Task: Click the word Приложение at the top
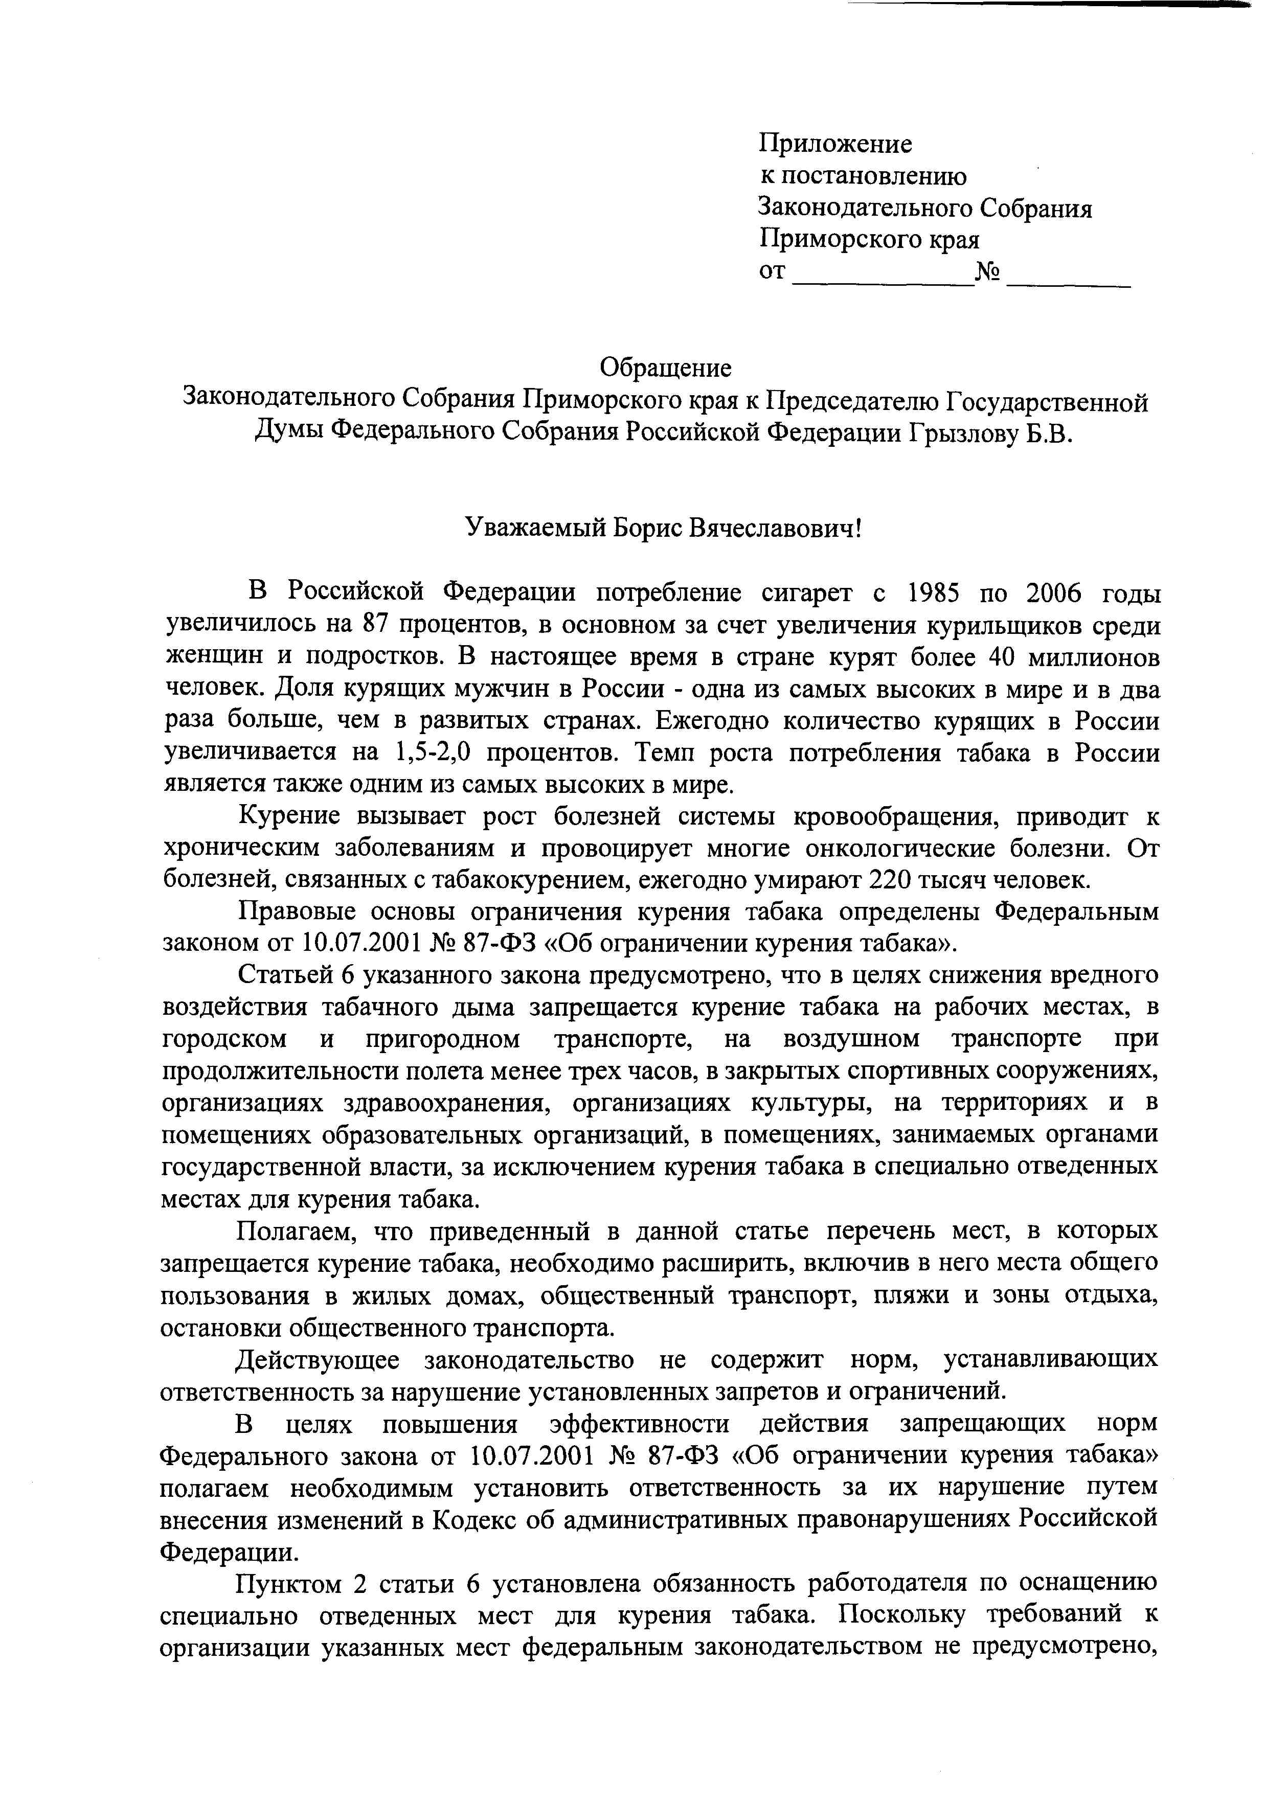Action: click(835, 144)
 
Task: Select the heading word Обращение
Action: click(665, 368)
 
